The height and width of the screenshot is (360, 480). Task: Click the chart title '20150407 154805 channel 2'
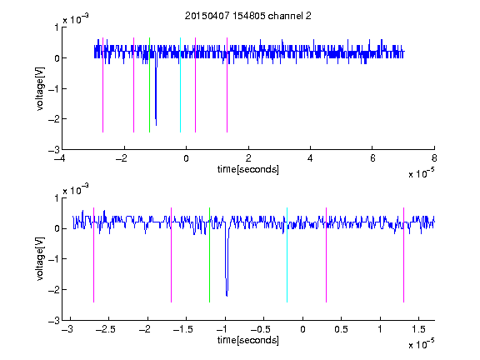248,16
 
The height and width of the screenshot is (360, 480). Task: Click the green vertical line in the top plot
149,85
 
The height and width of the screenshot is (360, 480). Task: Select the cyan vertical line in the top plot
180,85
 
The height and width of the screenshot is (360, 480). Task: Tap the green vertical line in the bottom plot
209,255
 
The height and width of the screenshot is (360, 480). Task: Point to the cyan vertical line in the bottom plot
287,255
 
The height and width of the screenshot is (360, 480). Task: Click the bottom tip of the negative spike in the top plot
156,126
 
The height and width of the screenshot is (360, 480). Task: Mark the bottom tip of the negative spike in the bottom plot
227,296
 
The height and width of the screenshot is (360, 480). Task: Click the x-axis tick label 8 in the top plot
434,158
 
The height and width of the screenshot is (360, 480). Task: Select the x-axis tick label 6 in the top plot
372,158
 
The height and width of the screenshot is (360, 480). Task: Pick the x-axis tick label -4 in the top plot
60,158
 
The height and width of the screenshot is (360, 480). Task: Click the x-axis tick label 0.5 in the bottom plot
341,329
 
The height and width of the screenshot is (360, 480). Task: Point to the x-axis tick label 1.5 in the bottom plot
418,329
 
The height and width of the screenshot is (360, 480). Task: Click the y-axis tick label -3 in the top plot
54,150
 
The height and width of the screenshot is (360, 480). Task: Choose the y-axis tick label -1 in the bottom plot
54,259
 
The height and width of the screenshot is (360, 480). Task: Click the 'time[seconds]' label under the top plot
248,169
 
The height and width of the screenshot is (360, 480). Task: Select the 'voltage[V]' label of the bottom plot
40,258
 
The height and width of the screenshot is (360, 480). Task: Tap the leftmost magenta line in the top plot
102,85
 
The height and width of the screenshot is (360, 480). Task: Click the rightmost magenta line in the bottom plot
403,255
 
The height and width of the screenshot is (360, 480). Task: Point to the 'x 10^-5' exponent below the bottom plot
421,343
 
